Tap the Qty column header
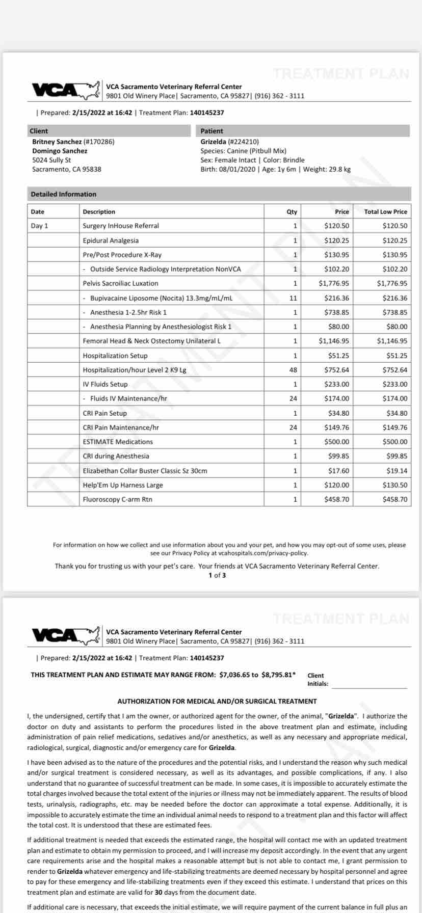[x=292, y=212]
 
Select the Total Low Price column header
[x=385, y=212]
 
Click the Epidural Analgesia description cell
[x=111, y=240]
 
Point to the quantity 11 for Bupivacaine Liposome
[x=293, y=298]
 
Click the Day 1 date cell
[x=40, y=226]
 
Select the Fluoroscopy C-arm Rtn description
[x=118, y=499]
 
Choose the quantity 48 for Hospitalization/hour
[x=293, y=370]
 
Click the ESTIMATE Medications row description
[x=118, y=442]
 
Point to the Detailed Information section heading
[x=63, y=194]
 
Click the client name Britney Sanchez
[x=57, y=142]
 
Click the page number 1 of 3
[x=217, y=575]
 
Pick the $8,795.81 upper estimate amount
[x=278, y=675]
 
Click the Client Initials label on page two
[x=317, y=680]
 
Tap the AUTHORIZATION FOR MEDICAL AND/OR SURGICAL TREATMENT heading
[x=217, y=701]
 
